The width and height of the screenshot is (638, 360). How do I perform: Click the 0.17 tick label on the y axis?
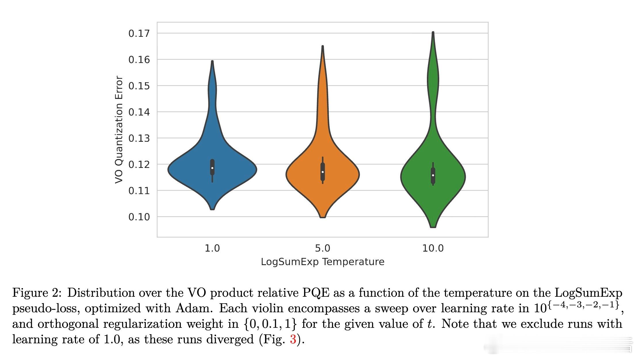(x=139, y=34)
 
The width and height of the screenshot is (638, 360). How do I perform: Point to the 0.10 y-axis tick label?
(x=139, y=217)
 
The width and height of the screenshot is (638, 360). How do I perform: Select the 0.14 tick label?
(x=139, y=112)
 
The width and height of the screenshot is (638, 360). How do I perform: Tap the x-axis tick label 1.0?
(x=212, y=248)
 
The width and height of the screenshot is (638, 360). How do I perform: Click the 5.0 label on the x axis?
(x=322, y=248)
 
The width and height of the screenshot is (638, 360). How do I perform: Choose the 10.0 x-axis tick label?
(x=433, y=248)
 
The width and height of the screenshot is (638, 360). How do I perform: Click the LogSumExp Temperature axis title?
(x=322, y=262)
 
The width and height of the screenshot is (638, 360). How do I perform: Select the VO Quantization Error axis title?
(x=119, y=129)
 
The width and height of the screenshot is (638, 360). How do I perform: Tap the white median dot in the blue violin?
(x=212, y=168)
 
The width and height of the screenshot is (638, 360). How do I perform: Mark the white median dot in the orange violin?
(x=323, y=172)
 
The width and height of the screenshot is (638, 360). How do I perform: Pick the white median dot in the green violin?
(x=433, y=175)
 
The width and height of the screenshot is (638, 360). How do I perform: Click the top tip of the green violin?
(x=433, y=32)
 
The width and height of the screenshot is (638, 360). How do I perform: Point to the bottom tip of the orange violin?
(x=323, y=217)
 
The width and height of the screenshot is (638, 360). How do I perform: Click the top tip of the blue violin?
(x=212, y=61)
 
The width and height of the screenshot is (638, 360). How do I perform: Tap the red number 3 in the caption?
(x=293, y=340)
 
